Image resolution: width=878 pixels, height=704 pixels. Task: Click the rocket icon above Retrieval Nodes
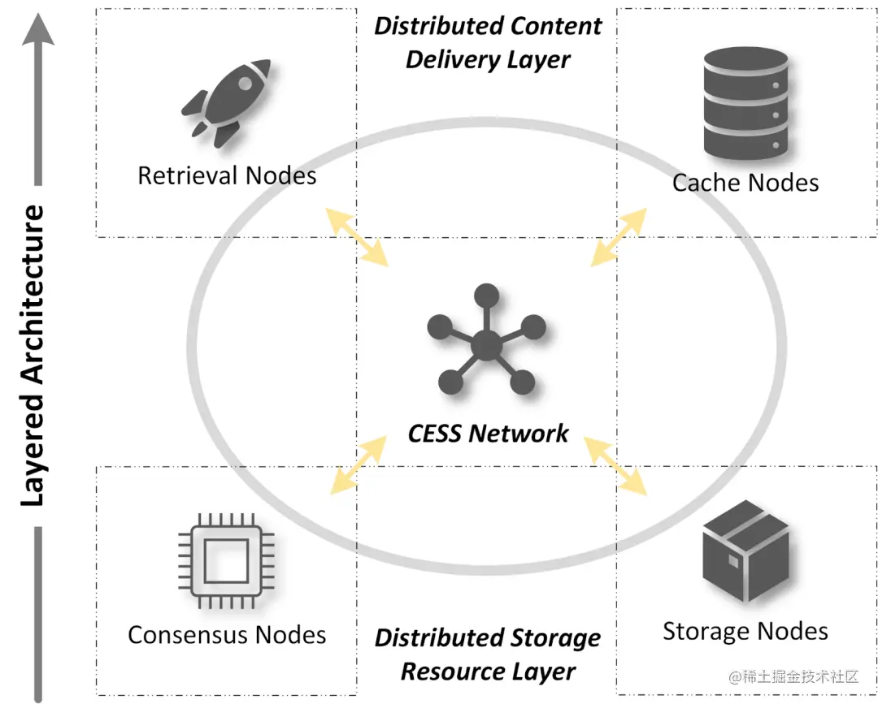[225, 101]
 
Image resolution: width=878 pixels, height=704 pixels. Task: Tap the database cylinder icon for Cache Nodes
[745, 102]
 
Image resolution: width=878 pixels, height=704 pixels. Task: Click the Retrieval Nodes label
[227, 175]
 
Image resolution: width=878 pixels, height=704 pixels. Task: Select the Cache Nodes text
[745, 182]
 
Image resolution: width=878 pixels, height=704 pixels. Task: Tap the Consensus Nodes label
[227, 634]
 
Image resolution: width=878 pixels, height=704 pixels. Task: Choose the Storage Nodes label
[745, 631]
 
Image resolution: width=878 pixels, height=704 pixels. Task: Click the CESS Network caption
[488, 433]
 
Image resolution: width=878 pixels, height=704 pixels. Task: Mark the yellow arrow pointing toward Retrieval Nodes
[357, 236]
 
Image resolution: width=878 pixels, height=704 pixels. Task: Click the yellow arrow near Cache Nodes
[619, 236]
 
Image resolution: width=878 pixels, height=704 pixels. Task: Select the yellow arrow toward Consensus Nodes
[357, 464]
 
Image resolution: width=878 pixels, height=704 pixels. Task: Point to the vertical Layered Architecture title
[32, 356]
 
